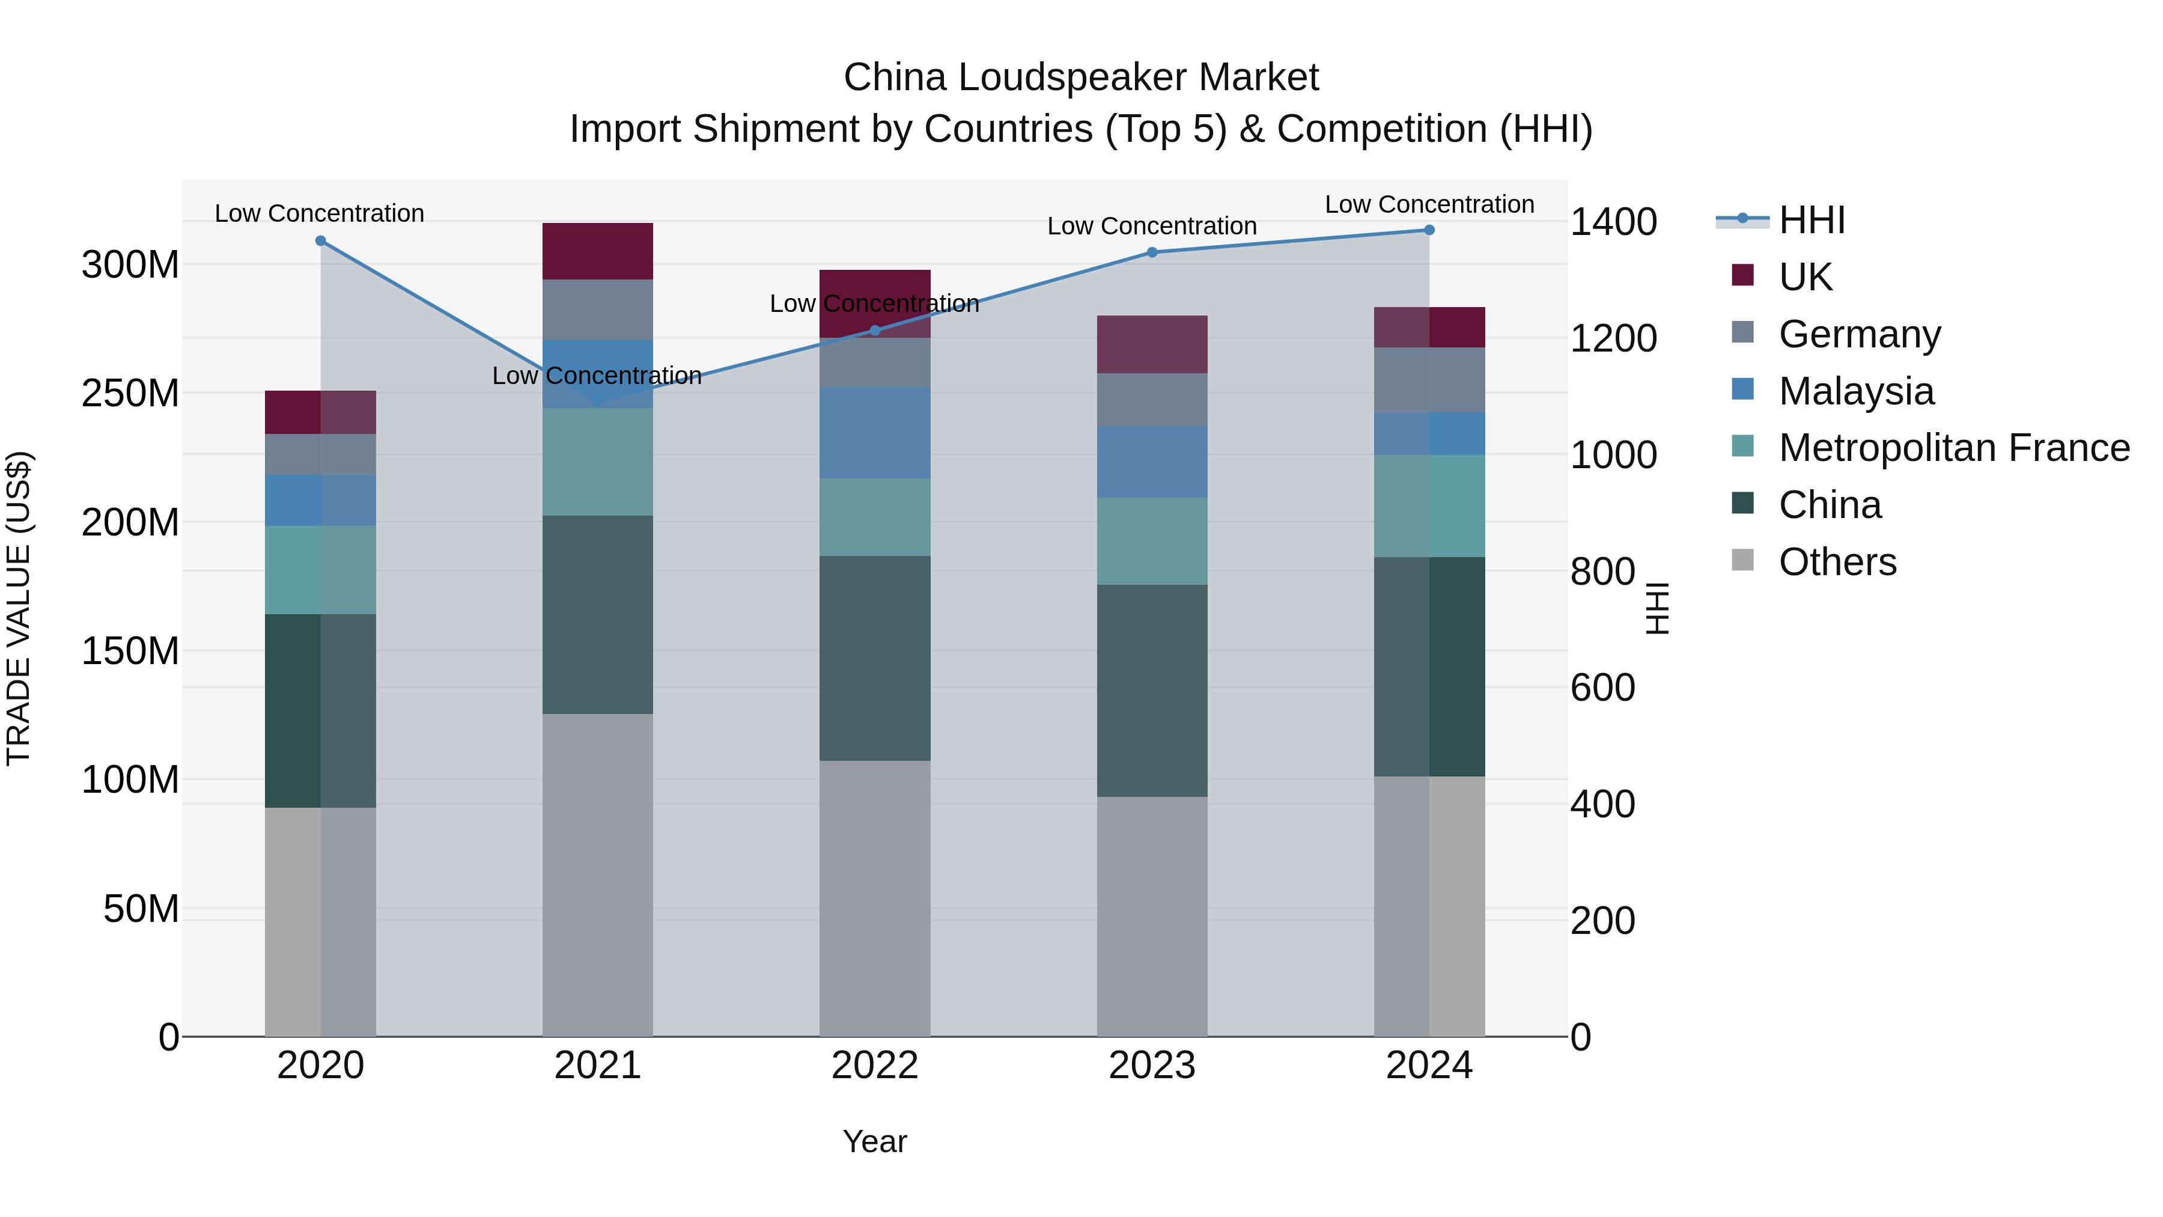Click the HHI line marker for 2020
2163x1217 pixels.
[320, 241]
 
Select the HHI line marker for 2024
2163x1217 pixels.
[1429, 230]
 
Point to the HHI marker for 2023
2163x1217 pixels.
[1152, 252]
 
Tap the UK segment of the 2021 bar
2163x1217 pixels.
[597, 251]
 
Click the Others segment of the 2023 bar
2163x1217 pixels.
[1152, 915]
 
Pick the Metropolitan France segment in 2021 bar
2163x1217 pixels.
[597, 462]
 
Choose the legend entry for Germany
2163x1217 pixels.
[1858, 334]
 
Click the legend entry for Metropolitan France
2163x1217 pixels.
[1953, 448]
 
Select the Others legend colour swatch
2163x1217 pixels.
[1742, 560]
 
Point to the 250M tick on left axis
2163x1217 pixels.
[130, 393]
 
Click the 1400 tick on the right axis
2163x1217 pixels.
[1613, 222]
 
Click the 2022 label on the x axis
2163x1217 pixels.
[874, 1066]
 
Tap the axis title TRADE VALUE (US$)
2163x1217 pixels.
[19, 608]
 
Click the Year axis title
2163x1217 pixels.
[874, 1141]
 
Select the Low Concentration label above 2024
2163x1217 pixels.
[1429, 204]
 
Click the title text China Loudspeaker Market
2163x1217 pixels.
[1081, 78]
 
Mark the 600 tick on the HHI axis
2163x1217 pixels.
[1602, 688]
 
